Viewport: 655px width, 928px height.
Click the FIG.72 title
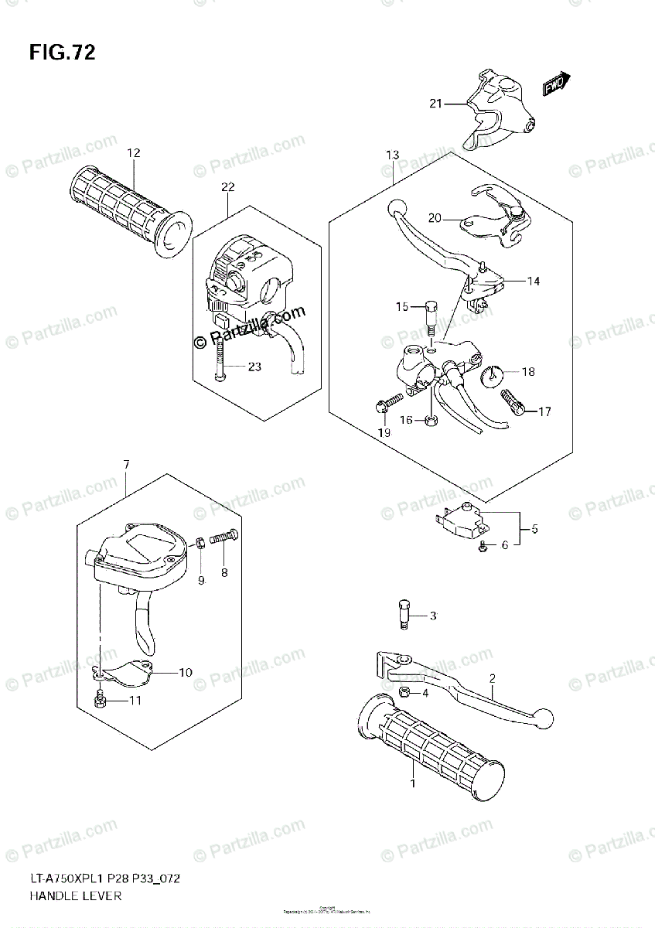62,53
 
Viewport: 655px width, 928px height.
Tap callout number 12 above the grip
134,153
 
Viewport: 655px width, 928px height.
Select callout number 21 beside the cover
435,103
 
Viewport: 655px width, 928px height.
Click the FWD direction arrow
556,83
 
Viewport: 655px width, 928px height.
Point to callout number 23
254,367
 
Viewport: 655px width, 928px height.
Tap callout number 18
527,372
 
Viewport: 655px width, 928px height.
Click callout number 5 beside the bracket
534,530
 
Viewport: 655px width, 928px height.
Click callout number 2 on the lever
491,679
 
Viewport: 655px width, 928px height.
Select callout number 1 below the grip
412,783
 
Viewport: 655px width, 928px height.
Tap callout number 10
185,672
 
